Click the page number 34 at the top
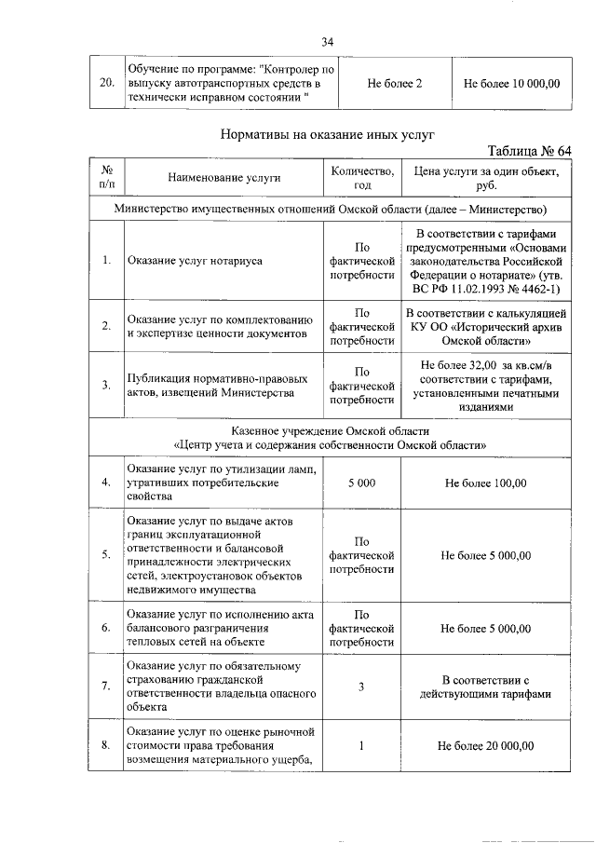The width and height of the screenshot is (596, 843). (327, 42)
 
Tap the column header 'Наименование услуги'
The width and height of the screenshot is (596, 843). (223, 177)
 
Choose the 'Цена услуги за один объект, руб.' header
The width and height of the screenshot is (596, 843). (486, 177)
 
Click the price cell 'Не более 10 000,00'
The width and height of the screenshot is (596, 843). (511, 84)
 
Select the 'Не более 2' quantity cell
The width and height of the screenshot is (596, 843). (395, 84)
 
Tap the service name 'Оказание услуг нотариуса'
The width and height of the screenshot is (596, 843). (195, 261)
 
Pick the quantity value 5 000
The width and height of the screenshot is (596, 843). (361, 483)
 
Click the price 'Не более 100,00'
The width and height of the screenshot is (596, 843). (486, 483)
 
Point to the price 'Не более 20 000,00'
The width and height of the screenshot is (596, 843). (486, 746)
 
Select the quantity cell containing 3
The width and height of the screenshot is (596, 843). (361, 687)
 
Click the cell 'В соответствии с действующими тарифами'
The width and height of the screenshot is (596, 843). (486, 687)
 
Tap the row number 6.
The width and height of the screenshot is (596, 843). (106, 629)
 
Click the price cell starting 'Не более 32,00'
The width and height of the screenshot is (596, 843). (486, 386)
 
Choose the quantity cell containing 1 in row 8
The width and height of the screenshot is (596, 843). (361, 746)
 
